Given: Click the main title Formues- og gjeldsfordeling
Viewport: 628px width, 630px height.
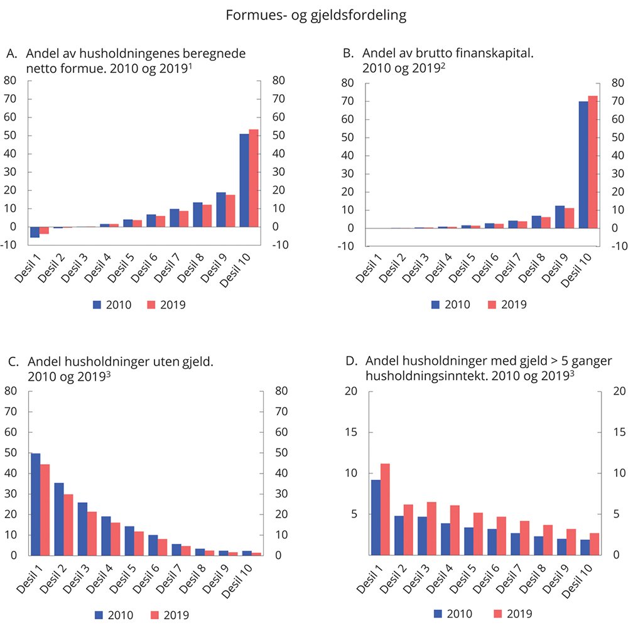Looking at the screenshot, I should click(x=317, y=16).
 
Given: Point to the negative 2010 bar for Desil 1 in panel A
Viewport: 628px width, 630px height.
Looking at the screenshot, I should click(x=35, y=232).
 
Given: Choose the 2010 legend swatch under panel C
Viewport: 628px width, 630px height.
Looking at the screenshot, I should click(x=101, y=616).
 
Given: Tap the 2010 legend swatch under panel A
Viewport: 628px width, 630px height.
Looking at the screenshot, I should click(x=98, y=305).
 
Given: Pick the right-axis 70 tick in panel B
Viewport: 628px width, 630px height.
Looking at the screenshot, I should click(x=617, y=101).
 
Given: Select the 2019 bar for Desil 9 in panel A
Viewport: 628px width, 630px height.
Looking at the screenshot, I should click(x=230, y=210).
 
